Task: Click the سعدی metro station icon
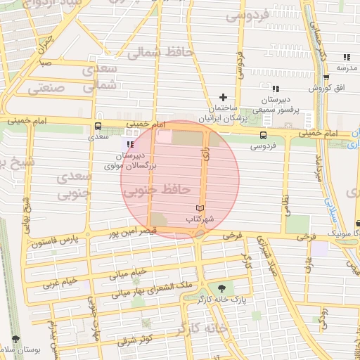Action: tap(97, 127)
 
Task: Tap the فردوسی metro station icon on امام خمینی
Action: tap(263, 135)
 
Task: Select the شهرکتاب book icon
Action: tap(200, 209)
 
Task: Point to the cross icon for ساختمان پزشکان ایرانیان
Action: tap(224, 97)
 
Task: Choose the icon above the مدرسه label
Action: tap(346, 58)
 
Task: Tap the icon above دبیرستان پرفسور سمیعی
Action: tap(276, 89)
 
